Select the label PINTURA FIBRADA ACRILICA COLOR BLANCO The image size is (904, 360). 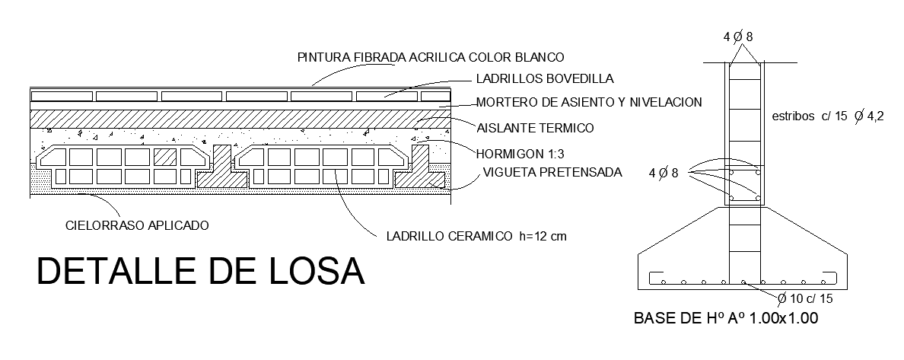(x=431, y=57)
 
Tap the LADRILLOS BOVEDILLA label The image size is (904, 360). (x=544, y=78)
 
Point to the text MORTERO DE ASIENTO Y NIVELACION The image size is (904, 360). (x=588, y=102)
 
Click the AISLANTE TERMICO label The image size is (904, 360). (x=535, y=127)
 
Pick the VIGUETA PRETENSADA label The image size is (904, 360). (x=552, y=172)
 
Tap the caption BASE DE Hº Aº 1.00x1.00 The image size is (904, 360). (x=726, y=319)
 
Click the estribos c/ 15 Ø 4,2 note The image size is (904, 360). (x=826, y=118)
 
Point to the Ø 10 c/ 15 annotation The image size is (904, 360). (x=806, y=298)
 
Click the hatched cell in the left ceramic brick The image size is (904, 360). (x=165, y=158)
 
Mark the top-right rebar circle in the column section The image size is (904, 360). (x=756, y=173)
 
